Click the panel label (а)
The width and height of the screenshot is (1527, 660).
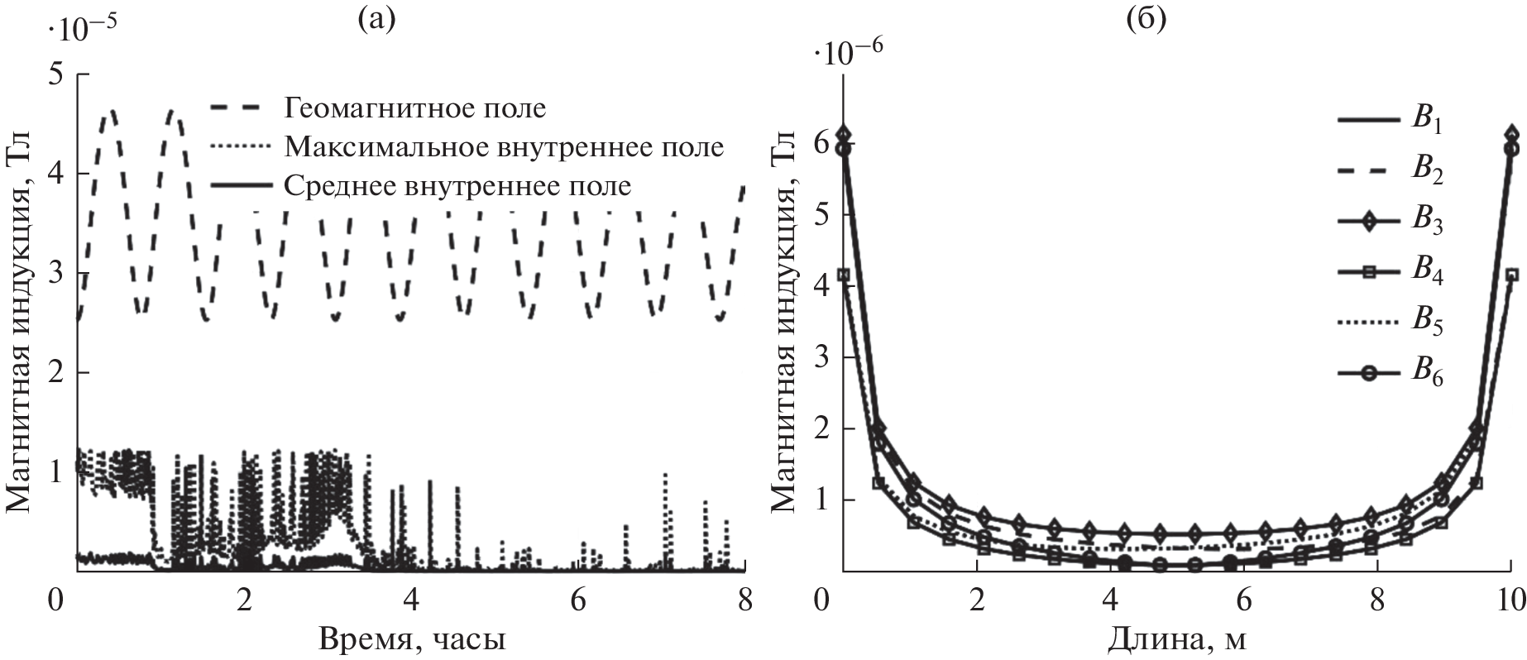click(377, 19)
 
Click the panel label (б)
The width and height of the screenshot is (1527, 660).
click(1146, 19)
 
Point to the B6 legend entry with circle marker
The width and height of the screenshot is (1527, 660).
click(1391, 373)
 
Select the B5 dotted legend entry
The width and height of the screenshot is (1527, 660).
click(1391, 323)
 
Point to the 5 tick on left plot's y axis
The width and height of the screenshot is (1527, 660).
click(55, 74)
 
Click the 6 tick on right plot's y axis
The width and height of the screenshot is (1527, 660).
click(821, 143)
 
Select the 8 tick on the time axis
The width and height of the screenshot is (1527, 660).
click(744, 599)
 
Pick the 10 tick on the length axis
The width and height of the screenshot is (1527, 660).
click(1510, 599)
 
